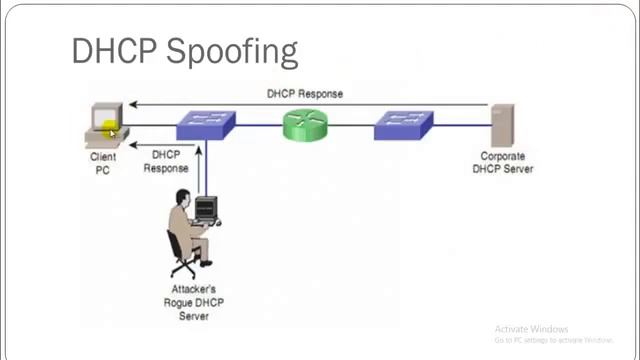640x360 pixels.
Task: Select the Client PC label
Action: [x=103, y=163]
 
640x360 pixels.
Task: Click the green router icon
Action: [x=305, y=125]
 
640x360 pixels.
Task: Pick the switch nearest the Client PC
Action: [x=205, y=125]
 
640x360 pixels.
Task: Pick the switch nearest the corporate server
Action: [x=403, y=125]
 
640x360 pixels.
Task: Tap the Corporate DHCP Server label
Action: [x=502, y=163]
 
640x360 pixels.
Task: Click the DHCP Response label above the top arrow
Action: [x=305, y=94]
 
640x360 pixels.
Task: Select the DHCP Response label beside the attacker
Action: [x=166, y=162]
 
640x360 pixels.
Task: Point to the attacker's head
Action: [x=182, y=197]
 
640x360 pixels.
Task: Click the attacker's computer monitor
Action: [x=205, y=209]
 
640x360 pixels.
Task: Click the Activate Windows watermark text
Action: [x=531, y=329]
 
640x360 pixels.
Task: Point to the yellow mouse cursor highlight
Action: [x=109, y=129]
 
